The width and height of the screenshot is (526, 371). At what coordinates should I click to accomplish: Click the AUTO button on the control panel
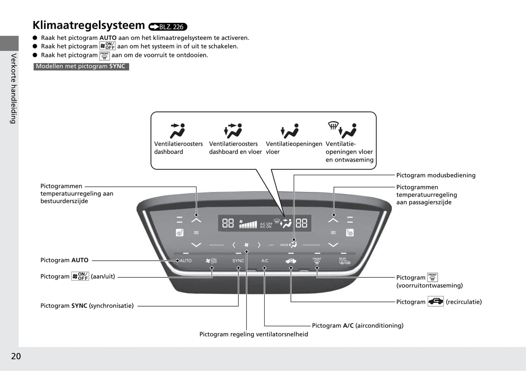[x=185, y=261]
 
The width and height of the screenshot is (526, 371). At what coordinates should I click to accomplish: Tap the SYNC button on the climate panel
[x=238, y=261]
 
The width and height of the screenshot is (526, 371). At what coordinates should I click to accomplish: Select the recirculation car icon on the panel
[x=291, y=261]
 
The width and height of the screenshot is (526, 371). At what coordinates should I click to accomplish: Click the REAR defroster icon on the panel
[x=344, y=261]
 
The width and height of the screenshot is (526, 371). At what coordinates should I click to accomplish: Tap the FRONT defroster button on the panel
[x=317, y=261]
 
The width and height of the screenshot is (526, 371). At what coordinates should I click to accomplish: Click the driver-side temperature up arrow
[x=196, y=220]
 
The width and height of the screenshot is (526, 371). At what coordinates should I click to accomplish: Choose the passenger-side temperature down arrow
[x=333, y=245]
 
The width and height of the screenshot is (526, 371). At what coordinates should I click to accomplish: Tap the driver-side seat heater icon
[x=179, y=232]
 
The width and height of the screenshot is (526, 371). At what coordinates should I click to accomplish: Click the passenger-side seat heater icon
[x=350, y=232]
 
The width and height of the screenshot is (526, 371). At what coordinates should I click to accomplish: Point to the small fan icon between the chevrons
[x=246, y=245]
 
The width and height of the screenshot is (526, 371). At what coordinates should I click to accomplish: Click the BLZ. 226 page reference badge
[x=168, y=27]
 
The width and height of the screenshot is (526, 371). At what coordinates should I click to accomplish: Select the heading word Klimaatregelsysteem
[x=89, y=25]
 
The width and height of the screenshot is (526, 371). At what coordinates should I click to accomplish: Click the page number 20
[x=16, y=356]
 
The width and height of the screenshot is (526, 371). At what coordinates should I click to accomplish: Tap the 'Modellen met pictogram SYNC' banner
[x=81, y=66]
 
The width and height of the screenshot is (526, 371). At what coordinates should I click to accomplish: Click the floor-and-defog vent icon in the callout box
[x=343, y=129]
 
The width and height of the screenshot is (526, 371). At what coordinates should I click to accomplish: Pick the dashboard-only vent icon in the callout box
[x=178, y=130]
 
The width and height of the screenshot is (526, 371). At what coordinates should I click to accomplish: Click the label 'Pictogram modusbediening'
[x=436, y=175]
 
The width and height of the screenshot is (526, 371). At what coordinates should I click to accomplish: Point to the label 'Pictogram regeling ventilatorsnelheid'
[x=253, y=334]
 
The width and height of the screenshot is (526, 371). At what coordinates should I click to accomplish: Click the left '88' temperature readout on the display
[x=228, y=223]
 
